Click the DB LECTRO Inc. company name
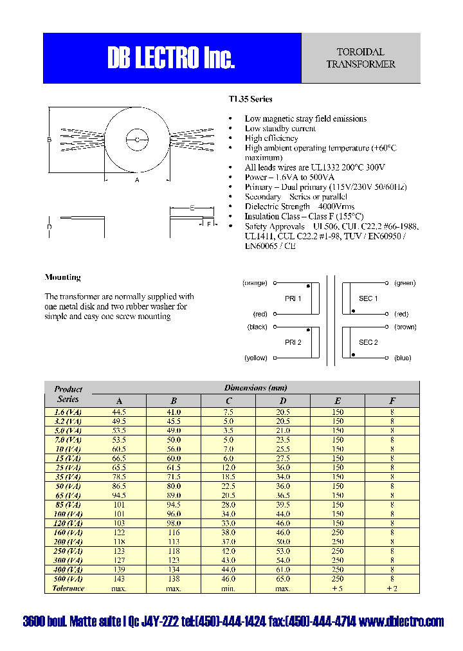[x=171, y=59]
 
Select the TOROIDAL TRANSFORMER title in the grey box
[x=361, y=58]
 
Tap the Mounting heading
[x=62, y=277]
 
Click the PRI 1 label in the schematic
[x=293, y=298]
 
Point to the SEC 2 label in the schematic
[x=368, y=342]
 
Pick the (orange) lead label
[x=255, y=282]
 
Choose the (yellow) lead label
[x=255, y=358]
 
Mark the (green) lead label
[x=405, y=282]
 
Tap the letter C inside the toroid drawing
[x=137, y=140]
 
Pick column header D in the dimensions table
[x=283, y=401]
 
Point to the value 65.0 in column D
[x=283, y=579]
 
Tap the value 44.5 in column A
[x=119, y=412]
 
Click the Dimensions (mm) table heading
[x=255, y=388]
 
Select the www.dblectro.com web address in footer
[x=401, y=621]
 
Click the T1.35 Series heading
[x=250, y=99]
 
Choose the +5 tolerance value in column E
[x=338, y=588]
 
